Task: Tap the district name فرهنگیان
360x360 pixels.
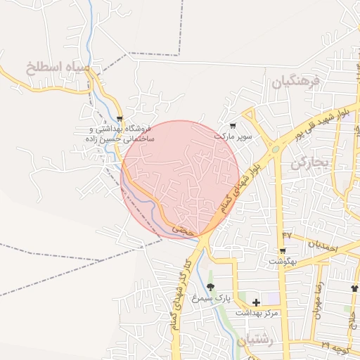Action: [x=296, y=82]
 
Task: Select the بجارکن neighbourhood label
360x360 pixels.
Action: [x=309, y=163]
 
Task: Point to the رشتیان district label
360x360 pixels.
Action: [x=253, y=341]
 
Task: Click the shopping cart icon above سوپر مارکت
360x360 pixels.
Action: [x=233, y=125]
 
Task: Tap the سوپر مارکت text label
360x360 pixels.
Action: [x=233, y=134]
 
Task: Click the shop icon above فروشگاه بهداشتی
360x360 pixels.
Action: [x=120, y=119]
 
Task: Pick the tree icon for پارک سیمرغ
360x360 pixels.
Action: [x=210, y=287]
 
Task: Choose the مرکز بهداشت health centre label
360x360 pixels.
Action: [x=257, y=312]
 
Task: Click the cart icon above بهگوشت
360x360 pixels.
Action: [x=283, y=250]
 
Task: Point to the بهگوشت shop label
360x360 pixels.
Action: [x=282, y=262]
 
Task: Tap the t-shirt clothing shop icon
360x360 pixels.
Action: [x=354, y=288]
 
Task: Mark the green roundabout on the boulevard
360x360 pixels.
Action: [x=275, y=148]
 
